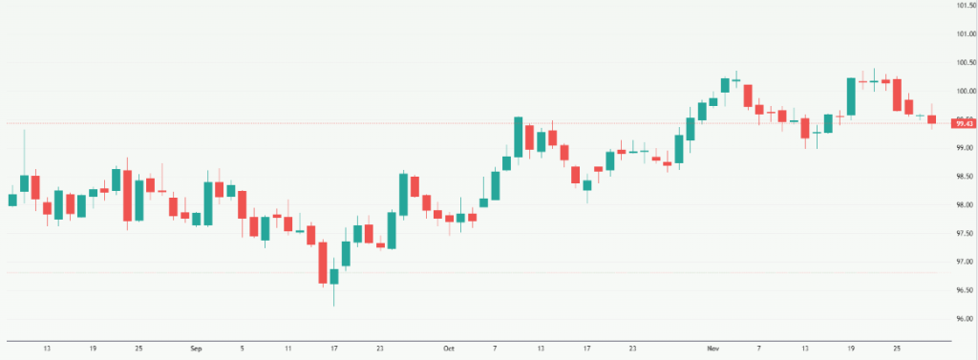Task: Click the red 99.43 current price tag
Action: click(963, 123)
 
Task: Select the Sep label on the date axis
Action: click(197, 349)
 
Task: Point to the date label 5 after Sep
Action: click(243, 349)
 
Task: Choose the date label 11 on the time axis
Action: click(287, 349)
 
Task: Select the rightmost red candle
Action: click(931, 118)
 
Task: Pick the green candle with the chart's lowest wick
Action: click(333, 276)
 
